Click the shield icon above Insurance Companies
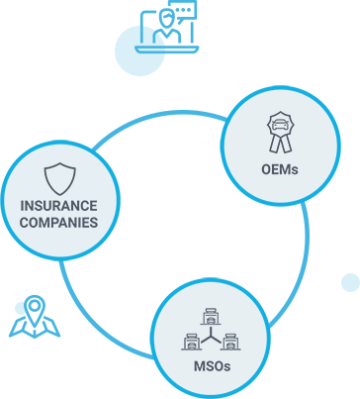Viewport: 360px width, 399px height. (60, 178)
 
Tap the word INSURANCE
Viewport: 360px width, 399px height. (59, 206)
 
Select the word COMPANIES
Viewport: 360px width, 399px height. (59, 223)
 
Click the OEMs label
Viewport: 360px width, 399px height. (280, 169)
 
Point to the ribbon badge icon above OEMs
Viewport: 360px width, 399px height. (281, 133)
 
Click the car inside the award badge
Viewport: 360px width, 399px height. (281, 125)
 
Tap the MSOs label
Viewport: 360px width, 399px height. (212, 366)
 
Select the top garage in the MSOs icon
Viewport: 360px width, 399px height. (211, 317)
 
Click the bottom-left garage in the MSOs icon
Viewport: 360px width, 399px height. (191, 342)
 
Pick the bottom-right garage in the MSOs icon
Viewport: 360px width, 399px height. (230, 342)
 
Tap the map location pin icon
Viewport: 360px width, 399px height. (35, 310)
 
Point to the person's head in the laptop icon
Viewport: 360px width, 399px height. (167, 18)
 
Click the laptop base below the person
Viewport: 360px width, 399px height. (167, 50)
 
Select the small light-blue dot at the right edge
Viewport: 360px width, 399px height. (350, 282)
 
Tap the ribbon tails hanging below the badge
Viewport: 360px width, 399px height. (281, 145)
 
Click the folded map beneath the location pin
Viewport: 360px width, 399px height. (35, 328)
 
